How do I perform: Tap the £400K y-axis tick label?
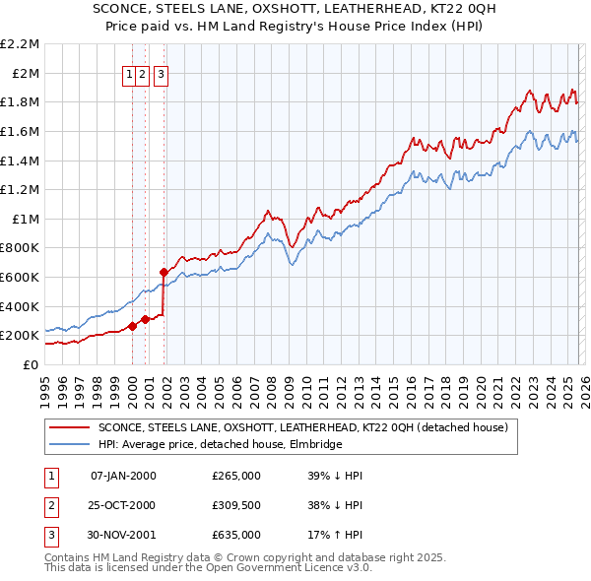point(22,306)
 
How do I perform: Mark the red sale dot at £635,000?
point(164,271)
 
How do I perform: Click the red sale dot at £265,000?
point(132,326)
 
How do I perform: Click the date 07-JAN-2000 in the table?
point(122,476)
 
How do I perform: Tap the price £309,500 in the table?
point(236,505)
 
